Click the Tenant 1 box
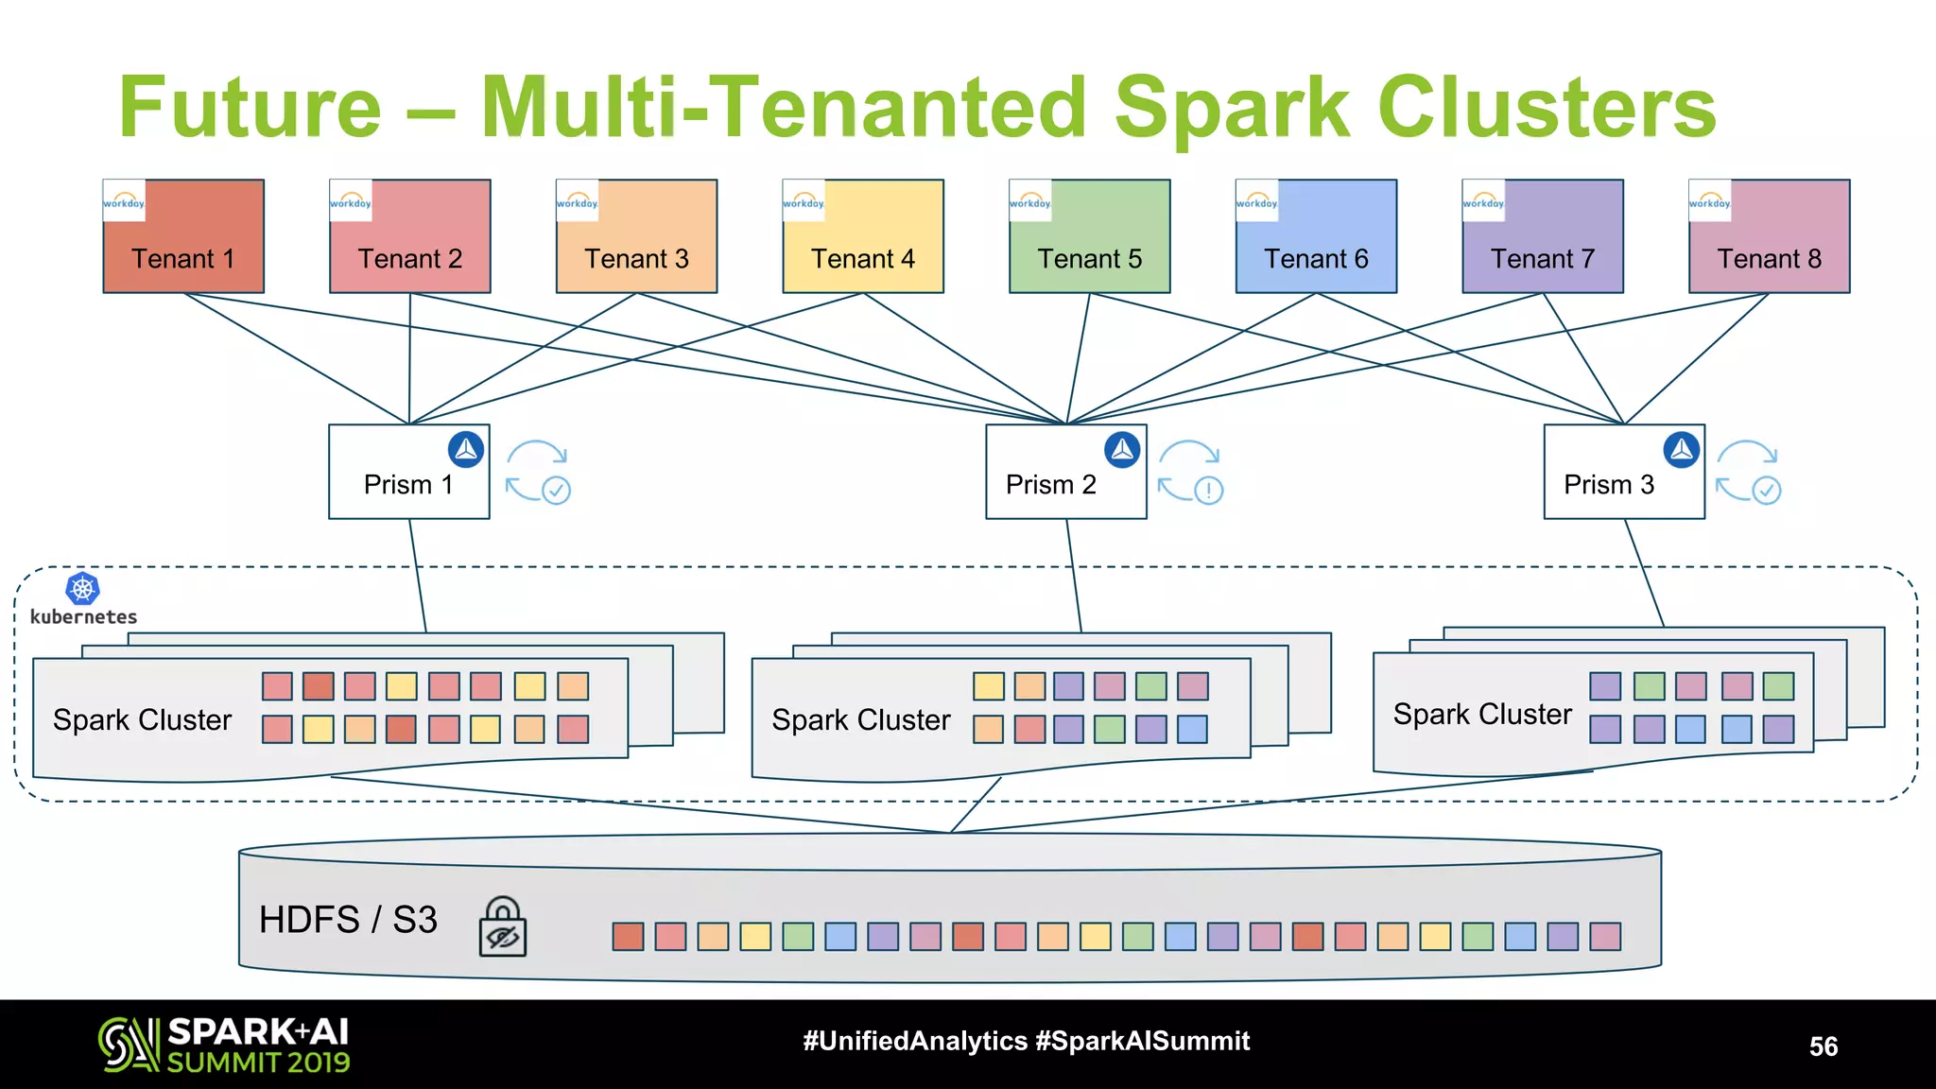(183, 236)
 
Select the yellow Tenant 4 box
(863, 236)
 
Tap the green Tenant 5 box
(1089, 236)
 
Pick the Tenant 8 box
(1769, 236)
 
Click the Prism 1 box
(408, 472)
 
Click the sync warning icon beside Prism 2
(1191, 472)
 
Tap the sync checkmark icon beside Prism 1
(538, 472)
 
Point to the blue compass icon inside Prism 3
(1682, 450)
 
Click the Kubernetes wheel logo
(83, 589)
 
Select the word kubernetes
(83, 617)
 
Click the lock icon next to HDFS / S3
(503, 927)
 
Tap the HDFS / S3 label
(348, 920)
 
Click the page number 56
(1823, 1046)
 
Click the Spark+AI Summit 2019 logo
(224, 1045)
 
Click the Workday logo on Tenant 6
(1256, 201)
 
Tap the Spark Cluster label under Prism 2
(860, 720)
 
